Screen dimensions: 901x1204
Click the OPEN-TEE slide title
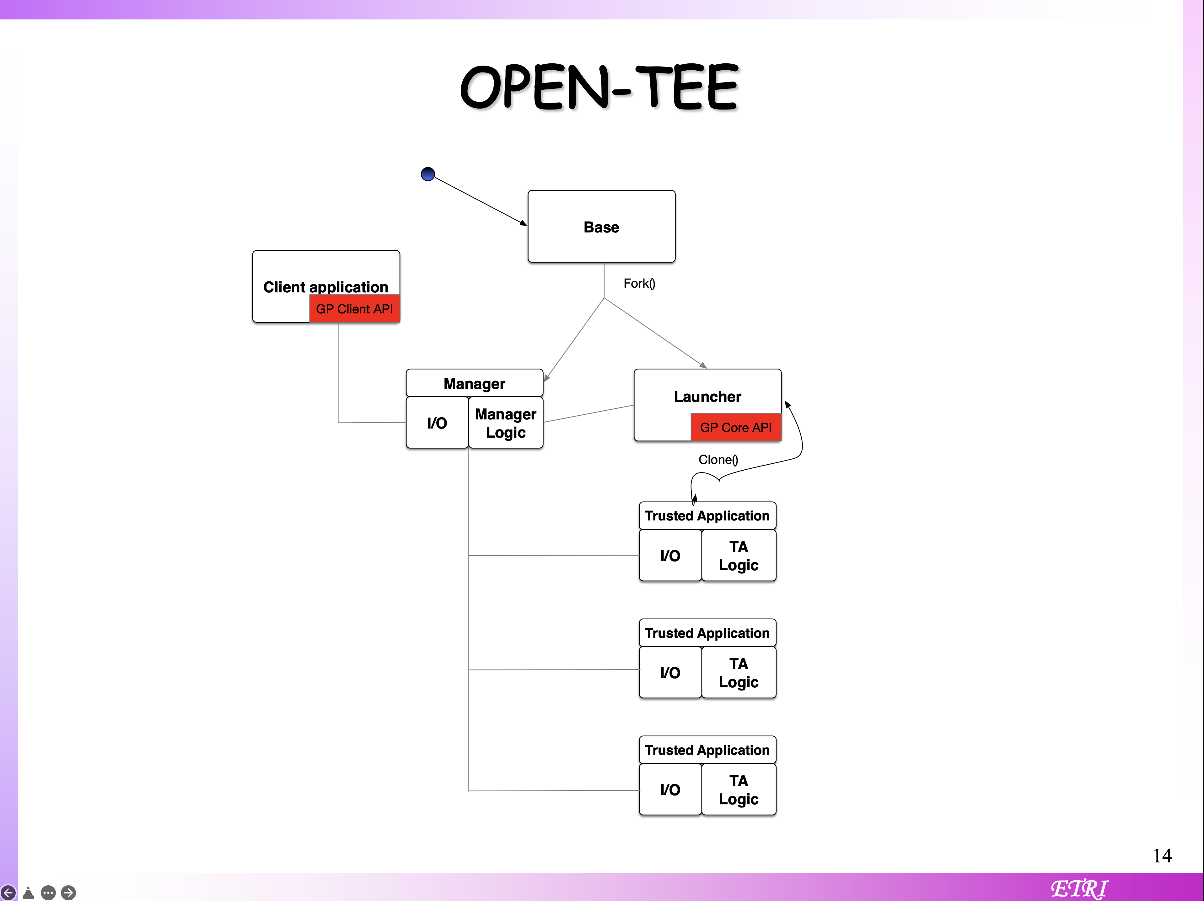pyautogui.click(x=599, y=87)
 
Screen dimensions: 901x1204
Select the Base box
pyautogui.click(x=601, y=226)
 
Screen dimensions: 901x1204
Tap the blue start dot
pyautogui.click(x=428, y=174)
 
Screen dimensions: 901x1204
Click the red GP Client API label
pyautogui.click(x=354, y=309)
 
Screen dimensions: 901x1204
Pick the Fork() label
pyautogui.click(x=639, y=284)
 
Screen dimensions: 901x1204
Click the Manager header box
pyautogui.click(x=474, y=384)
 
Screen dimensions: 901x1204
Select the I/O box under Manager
pyautogui.click(x=437, y=423)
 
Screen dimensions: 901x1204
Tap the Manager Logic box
pyautogui.click(x=506, y=423)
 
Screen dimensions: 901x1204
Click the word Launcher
pyautogui.click(x=707, y=397)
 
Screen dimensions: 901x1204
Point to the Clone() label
pyautogui.click(x=718, y=460)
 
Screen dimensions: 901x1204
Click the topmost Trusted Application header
pyautogui.click(x=707, y=516)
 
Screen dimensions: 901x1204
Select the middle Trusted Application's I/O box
pyautogui.click(x=670, y=673)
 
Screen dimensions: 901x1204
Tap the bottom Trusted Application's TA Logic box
pyautogui.click(x=739, y=789)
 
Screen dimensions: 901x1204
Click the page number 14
pyautogui.click(x=1162, y=856)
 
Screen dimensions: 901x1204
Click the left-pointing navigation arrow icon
pyautogui.click(x=8, y=892)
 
